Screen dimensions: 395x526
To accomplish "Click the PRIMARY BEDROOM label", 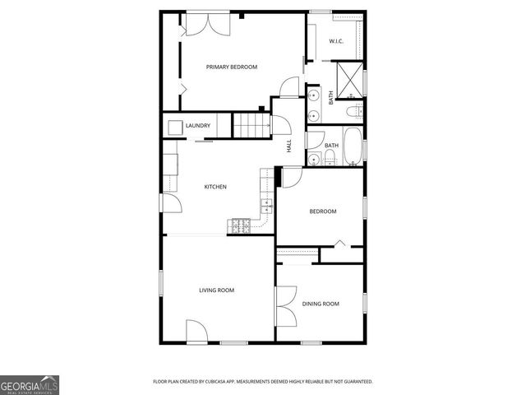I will pos(232,67).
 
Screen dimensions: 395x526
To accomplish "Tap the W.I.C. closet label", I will pos(336,41).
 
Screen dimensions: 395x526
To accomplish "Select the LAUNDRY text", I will pos(198,126).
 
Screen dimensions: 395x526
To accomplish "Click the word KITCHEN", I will pos(215,187).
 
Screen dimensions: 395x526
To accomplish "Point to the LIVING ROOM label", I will pos(217,290).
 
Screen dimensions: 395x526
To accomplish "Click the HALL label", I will pos(288,146).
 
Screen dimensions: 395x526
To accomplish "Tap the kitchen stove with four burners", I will pos(241,225).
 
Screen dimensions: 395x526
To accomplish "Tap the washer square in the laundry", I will pos(175,127).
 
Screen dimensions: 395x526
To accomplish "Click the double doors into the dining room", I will pos(284,305).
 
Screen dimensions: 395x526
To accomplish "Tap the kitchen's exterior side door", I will pos(169,204).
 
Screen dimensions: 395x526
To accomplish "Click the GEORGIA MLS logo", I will pos(30,384).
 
